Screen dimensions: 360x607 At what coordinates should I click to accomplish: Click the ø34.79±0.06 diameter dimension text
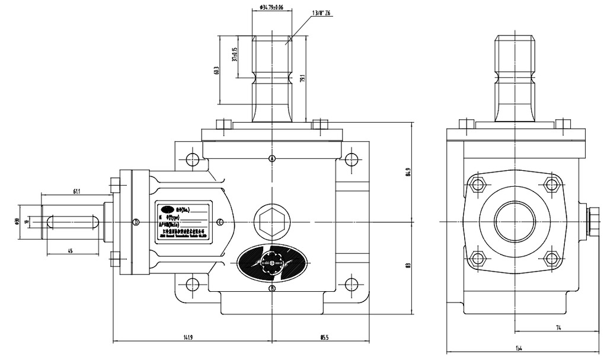[271, 7]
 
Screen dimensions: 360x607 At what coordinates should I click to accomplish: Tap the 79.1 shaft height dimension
[302, 78]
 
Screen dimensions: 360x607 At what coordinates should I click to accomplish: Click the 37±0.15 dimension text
[235, 55]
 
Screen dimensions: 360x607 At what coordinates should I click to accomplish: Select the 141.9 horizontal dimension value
[188, 337]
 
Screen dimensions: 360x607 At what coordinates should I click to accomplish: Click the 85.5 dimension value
[324, 337]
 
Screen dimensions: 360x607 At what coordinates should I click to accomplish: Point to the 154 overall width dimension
[519, 348]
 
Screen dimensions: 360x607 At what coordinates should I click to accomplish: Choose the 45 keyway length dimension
[69, 251]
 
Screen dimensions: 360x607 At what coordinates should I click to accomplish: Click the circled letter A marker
[272, 158]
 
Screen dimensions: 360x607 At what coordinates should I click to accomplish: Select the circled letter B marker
[272, 289]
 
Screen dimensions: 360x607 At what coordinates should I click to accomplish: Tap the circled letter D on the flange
[136, 222]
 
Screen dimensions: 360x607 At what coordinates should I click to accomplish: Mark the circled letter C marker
[220, 222]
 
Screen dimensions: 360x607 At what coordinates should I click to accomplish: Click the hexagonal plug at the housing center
[272, 222]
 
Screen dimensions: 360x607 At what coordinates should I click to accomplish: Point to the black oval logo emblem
[271, 262]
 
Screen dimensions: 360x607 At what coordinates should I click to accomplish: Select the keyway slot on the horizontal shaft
[73, 222]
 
